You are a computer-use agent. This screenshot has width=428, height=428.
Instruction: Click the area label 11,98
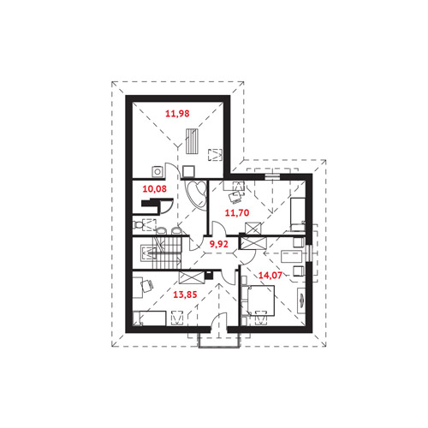[x=177, y=114]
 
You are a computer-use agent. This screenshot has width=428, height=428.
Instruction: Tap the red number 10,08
[x=154, y=189]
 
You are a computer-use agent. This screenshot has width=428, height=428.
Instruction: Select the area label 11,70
[x=237, y=212]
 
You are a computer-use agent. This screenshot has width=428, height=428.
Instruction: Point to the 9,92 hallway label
[x=218, y=244]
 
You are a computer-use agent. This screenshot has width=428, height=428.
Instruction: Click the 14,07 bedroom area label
[x=270, y=275]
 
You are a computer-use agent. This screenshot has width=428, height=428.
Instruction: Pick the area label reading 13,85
[x=185, y=294]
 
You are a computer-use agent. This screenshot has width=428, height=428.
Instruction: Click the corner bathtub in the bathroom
[x=195, y=195]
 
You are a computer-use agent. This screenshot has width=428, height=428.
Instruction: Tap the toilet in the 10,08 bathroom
[x=138, y=225]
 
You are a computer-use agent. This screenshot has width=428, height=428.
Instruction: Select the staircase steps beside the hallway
[x=167, y=253]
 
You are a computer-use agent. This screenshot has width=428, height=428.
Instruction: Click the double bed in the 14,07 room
[x=259, y=301]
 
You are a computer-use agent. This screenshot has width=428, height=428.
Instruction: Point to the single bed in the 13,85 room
[x=149, y=318]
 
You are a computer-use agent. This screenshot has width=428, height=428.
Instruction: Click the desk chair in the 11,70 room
[x=236, y=198]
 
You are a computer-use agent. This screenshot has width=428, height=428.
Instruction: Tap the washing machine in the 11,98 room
[x=157, y=171]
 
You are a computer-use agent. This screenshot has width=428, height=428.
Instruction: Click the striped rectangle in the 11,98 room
[x=193, y=141]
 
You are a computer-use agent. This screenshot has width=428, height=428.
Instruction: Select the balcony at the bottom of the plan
[x=219, y=341]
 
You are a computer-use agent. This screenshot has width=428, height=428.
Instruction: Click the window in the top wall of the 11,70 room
[x=272, y=176]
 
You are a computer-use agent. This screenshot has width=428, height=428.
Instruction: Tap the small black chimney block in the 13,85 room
[x=209, y=276]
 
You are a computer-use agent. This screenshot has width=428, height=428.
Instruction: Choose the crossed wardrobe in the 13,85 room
[x=192, y=277]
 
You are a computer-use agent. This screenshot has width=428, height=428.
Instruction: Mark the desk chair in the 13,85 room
[x=146, y=285]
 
